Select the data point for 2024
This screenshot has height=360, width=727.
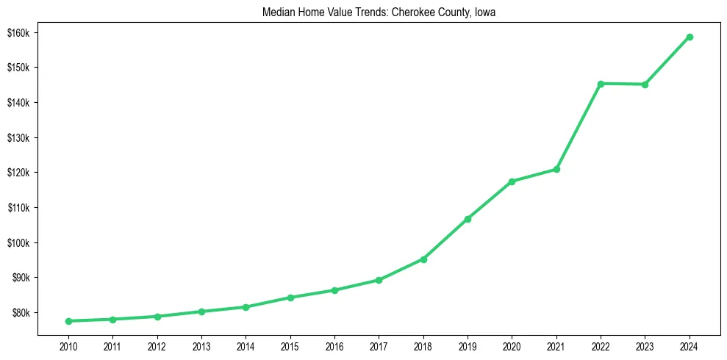coord(690,37)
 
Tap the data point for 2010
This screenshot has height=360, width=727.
coord(68,321)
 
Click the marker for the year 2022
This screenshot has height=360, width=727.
coord(601,84)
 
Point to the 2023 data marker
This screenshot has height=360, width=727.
coord(645,84)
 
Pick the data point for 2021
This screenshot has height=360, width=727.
coord(556,170)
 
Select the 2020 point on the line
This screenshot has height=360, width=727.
coord(512,181)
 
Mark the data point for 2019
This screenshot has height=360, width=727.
coord(468,219)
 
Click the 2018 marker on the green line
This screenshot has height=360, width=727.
coord(423,259)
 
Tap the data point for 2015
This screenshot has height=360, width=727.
coord(290,298)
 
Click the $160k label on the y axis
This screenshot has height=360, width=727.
coord(18,32)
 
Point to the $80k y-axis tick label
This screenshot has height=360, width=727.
coord(19,313)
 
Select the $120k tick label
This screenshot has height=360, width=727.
coord(18,173)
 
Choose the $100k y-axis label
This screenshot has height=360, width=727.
coord(18,243)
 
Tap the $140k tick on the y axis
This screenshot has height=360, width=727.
coord(18,102)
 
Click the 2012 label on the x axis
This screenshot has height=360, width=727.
coord(157,345)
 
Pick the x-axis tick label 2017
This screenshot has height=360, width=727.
coord(379,345)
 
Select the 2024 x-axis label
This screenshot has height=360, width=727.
coord(690,345)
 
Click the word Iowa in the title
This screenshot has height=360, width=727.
coord(484,12)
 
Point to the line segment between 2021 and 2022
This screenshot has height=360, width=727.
coord(579,126)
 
